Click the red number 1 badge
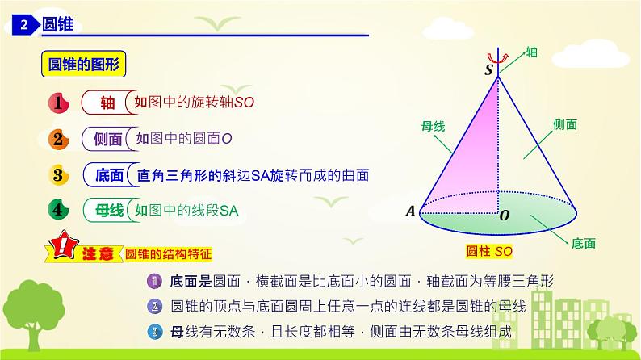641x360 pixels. (x=58, y=103)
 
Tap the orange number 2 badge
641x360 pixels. (x=58, y=139)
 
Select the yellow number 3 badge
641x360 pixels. (x=58, y=174)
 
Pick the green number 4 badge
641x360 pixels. (x=58, y=210)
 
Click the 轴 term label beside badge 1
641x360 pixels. (x=107, y=103)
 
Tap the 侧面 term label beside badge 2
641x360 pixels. (x=107, y=139)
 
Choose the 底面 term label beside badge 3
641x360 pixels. (x=107, y=175)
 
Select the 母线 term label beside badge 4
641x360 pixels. (x=107, y=211)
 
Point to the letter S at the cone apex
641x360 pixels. (x=488, y=70)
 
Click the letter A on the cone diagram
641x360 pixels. (x=409, y=212)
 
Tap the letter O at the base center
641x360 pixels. (x=505, y=216)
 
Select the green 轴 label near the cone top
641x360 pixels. (x=531, y=52)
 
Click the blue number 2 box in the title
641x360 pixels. (x=24, y=26)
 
